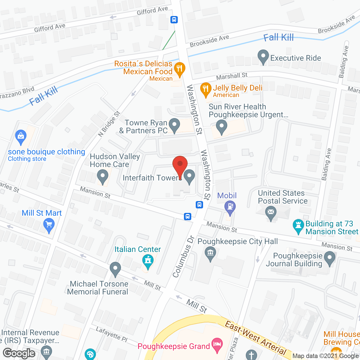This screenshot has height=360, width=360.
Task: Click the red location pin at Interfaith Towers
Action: click(180, 164)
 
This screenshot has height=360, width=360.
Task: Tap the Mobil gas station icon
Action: click(230, 206)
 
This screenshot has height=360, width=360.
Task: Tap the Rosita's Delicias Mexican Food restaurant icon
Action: click(179, 68)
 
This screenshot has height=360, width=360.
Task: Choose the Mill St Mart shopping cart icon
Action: click(49, 225)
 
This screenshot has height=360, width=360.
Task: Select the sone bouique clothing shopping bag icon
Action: click(21, 136)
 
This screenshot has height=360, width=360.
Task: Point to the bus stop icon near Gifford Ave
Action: click(174, 20)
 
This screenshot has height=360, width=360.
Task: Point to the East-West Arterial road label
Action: click(255, 339)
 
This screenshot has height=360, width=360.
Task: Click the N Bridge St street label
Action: click(109, 124)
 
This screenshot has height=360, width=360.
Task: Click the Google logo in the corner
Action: click(19, 353)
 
